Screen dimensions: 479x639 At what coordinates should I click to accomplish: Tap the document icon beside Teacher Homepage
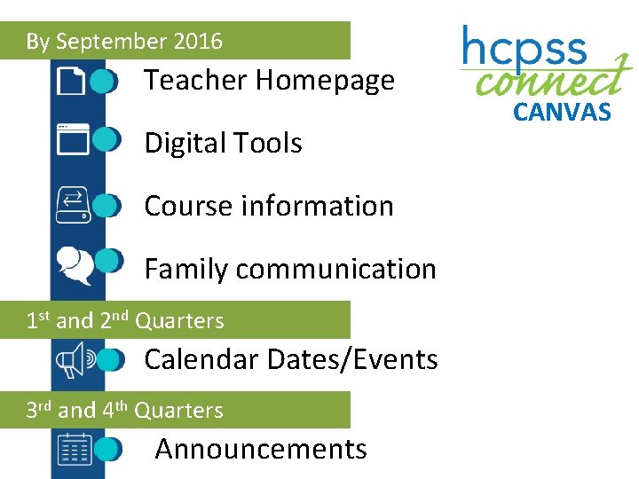pyautogui.click(x=72, y=82)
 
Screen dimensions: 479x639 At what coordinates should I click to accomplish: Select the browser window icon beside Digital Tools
pyautogui.click(x=73, y=140)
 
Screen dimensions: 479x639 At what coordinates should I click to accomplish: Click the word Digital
pyautogui.click(x=182, y=144)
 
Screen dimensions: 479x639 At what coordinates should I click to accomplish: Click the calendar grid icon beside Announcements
pyautogui.click(x=75, y=449)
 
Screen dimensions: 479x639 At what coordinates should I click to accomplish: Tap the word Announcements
pyautogui.click(x=261, y=450)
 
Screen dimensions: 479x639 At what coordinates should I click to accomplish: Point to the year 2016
pyautogui.click(x=198, y=41)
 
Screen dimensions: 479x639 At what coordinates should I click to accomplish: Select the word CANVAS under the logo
pyautogui.click(x=563, y=112)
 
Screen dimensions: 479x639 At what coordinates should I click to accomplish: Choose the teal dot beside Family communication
pyautogui.click(x=107, y=261)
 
